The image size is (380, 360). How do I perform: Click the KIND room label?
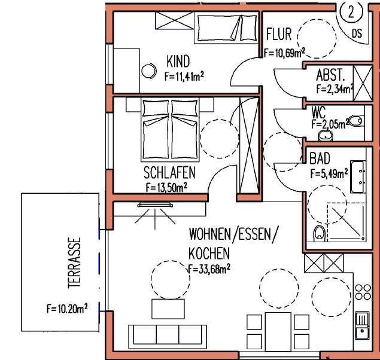point(178,61)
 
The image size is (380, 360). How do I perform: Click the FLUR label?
point(279,33)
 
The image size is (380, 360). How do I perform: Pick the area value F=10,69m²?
point(284,53)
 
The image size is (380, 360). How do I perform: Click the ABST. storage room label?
point(330,77)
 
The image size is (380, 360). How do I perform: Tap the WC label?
point(318,111)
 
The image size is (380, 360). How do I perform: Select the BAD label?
point(320,160)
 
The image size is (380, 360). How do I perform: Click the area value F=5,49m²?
point(329,174)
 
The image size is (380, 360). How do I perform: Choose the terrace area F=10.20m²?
point(67,309)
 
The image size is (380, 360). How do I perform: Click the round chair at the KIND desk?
point(147,71)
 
